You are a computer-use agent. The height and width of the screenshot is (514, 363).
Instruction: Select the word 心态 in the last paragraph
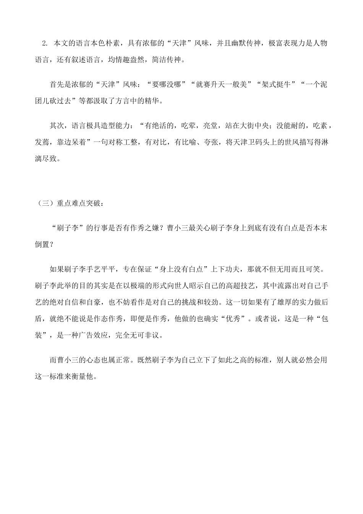94,360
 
